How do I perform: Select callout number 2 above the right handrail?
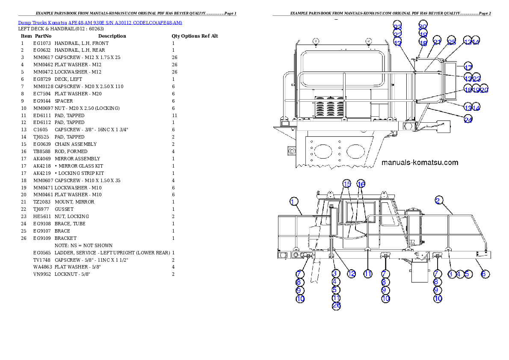click(439, 200)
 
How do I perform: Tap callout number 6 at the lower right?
click(484, 274)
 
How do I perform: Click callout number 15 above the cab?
click(347, 184)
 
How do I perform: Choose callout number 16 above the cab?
click(361, 184)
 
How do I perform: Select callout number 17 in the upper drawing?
click(468, 67)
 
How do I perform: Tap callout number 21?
click(437, 42)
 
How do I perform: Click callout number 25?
click(452, 42)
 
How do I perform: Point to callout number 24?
click(468, 120)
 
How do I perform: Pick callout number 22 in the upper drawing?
click(398, 35)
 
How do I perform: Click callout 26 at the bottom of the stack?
click(336, 305)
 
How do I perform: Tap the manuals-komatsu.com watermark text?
click(420, 162)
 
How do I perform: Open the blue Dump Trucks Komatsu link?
click(100, 23)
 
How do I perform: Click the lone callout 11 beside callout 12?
click(368, 274)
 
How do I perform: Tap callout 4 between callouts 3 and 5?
click(459, 274)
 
